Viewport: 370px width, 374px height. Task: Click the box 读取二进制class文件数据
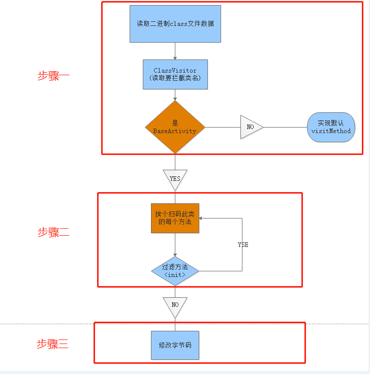point(175,24)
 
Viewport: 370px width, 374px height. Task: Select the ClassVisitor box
point(175,74)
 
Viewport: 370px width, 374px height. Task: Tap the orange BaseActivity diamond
point(175,127)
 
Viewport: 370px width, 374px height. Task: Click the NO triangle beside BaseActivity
point(251,127)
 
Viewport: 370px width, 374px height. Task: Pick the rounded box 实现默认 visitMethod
point(331,127)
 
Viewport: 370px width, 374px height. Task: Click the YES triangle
point(175,178)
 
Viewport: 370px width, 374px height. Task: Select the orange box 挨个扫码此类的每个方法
point(175,218)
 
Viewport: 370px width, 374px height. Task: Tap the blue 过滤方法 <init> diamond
point(175,270)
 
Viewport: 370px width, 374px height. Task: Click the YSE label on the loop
point(243,245)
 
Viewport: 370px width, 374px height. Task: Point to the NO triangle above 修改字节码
point(175,305)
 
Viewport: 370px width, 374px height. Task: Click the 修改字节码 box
point(175,345)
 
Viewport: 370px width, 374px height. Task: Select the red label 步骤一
point(53,76)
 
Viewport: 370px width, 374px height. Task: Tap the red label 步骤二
point(53,232)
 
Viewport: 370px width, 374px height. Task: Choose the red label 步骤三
point(52,344)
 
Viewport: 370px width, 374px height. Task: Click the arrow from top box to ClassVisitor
point(175,51)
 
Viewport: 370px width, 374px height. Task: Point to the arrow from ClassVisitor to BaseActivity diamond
point(175,95)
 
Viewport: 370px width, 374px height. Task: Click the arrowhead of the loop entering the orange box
point(202,219)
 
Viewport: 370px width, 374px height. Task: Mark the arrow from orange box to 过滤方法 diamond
point(175,245)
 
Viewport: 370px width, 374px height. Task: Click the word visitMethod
point(331,131)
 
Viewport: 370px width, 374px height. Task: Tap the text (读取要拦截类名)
point(175,78)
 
